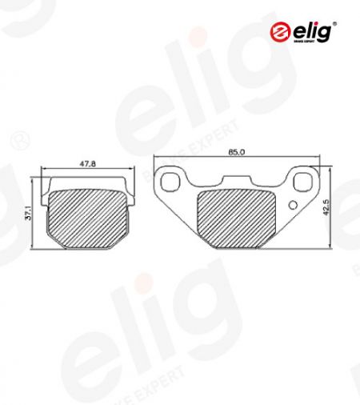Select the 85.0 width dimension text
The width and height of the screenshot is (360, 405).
[x=236, y=150]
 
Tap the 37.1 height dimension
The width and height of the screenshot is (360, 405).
[x=28, y=213]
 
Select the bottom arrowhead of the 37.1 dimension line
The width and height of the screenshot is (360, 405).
[x=34, y=245]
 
